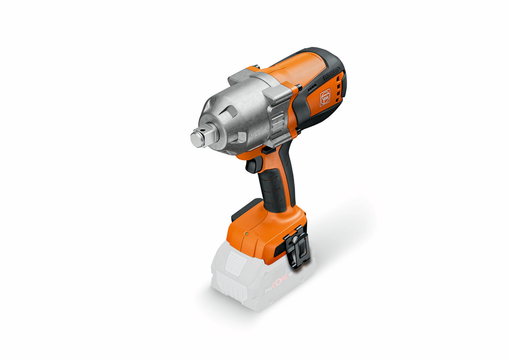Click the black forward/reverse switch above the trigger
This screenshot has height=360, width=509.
point(253,165)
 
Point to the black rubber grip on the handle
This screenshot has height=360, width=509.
point(273,189)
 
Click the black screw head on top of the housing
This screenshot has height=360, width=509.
point(255,66)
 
